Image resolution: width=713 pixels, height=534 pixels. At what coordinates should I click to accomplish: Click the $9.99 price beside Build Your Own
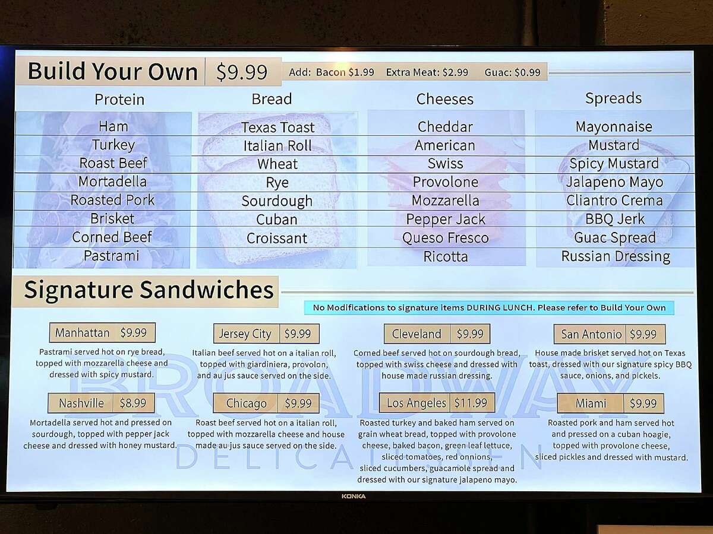(x=242, y=72)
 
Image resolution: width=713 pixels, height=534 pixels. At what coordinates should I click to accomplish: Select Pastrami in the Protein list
(x=112, y=256)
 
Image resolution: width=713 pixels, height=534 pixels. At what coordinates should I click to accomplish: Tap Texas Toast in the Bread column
(x=277, y=127)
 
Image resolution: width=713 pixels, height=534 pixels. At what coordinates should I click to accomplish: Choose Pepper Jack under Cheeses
(x=446, y=219)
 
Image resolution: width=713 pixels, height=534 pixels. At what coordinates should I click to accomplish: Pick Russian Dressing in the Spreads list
(x=616, y=256)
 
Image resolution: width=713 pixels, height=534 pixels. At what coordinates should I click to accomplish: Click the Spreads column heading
(x=613, y=98)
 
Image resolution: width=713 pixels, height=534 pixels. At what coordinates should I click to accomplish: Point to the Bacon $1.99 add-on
(x=345, y=72)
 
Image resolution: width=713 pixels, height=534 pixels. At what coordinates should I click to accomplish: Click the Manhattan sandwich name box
(x=83, y=333)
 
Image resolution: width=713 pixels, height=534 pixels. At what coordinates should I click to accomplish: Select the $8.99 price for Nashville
(x=132, y=403)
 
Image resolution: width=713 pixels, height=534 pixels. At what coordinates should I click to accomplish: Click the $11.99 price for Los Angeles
(x=471, y=403)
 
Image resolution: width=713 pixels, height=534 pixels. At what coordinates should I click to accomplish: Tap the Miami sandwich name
(x=591, y=403)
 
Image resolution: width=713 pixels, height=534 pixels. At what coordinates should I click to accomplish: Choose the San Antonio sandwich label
(x=591, y=334)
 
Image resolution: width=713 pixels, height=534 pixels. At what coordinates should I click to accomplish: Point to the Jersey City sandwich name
(x=245, y=333)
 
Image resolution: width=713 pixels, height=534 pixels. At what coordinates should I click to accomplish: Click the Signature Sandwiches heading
(x=149, y=290)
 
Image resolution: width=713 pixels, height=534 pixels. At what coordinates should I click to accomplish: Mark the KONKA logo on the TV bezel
(x=354, y=496)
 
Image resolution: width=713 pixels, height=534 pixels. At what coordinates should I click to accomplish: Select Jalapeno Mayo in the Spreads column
(x=614, y=182)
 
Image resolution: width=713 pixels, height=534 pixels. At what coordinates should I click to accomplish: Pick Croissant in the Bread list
(x=277, y=238)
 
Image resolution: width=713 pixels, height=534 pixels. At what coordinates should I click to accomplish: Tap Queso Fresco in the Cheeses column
(x=445, y=238)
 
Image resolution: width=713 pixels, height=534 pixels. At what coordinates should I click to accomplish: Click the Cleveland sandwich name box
(x=417, y=334)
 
